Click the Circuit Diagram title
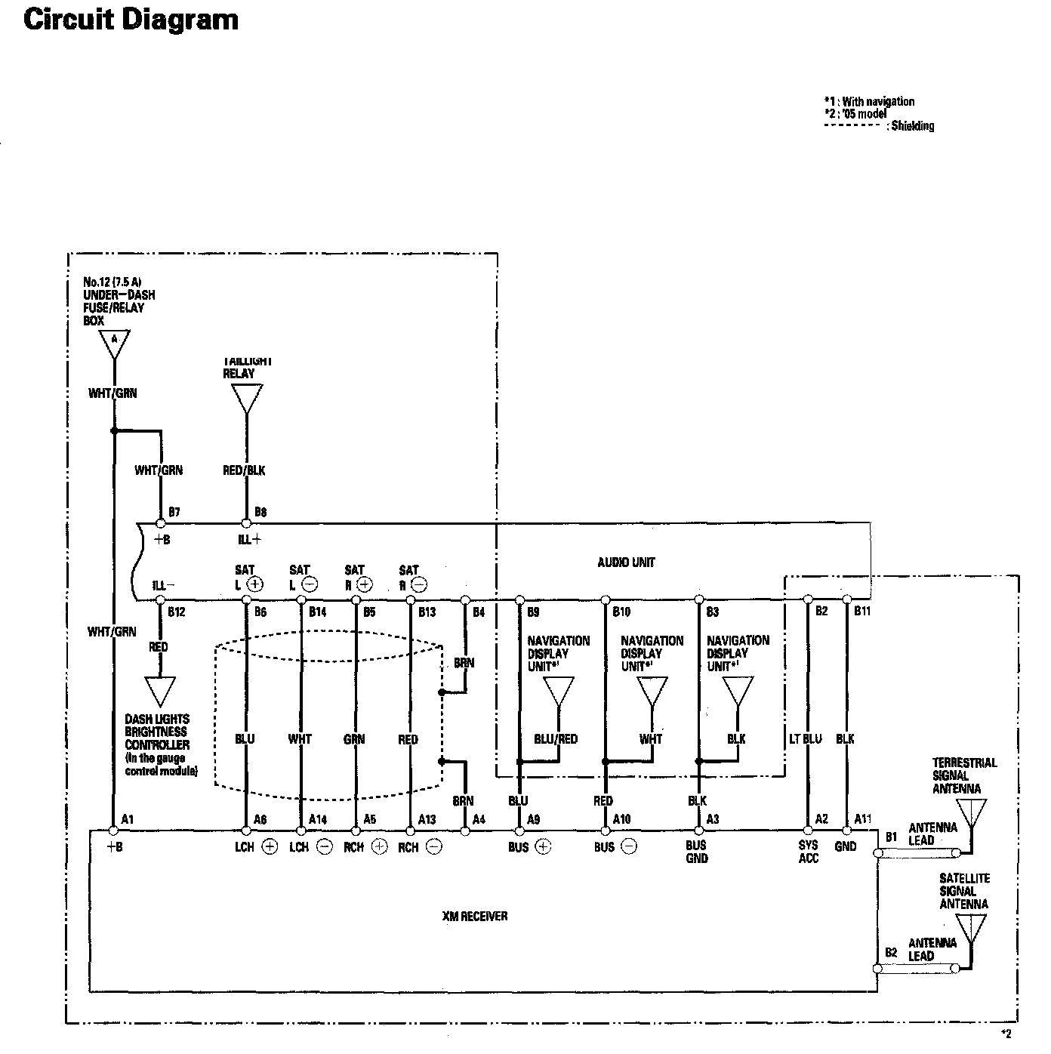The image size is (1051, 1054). point(131,20)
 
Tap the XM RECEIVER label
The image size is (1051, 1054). point(475,916)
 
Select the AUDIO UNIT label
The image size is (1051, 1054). point(626,562)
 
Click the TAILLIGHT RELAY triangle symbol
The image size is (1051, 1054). point(246,398)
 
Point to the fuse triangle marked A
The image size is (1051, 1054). point(115,344)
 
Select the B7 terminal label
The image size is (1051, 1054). point(174,512)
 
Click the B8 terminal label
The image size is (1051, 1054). point(260,512)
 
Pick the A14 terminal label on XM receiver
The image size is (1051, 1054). point(318,819)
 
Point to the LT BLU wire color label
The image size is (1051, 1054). point(806,738)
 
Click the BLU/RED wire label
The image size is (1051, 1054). point(556,739)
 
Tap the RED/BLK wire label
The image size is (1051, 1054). point(245,470)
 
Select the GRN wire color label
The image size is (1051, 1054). point(354,739)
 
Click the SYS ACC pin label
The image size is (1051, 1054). point(808,852)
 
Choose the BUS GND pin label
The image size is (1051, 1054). point(696,852)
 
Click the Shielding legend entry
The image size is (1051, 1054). point(912,126)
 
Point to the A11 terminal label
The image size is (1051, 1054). point(863,819)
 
